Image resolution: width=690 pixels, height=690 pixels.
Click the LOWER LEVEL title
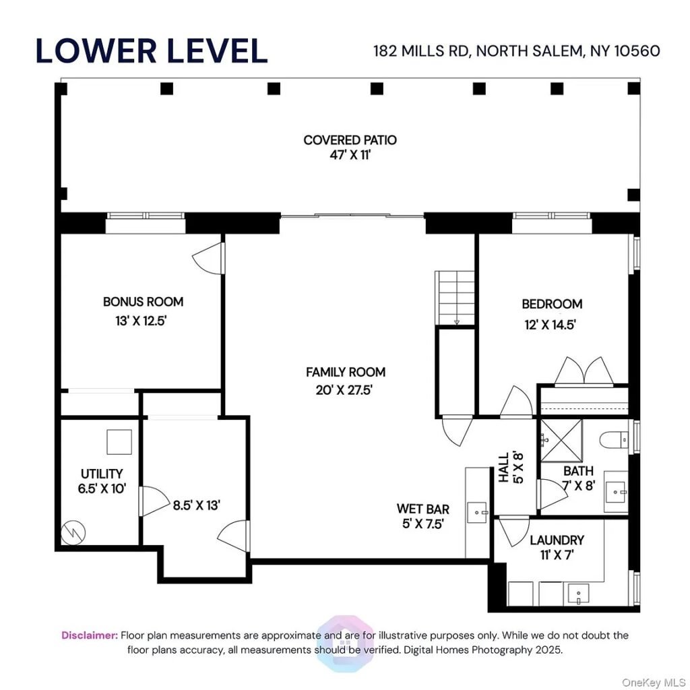pos(152,51)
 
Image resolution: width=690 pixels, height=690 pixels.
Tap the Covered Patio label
pos(350,140)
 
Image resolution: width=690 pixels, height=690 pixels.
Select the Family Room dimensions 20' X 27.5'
pos(344,390)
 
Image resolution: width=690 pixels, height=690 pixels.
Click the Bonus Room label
pos(143,301)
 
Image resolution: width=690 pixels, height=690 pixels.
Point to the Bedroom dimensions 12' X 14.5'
pos(551,325)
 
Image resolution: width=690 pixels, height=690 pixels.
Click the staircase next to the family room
pos(455,298)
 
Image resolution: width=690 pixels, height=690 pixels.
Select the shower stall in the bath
pos(561,440)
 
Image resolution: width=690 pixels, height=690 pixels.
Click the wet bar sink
pos(478,513)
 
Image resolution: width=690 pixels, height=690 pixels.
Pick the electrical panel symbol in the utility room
pos(73,532)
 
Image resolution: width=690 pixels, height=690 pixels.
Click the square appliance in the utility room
pos(119,442)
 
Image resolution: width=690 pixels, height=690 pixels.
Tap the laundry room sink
pos(578,594)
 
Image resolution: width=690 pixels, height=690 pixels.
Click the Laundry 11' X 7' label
pos(557,547)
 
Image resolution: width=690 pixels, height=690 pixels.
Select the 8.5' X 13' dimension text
pos(196,505)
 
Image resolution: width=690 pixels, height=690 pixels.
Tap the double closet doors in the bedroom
pos(584,371)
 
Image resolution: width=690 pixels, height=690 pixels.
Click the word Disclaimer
pos(90,635)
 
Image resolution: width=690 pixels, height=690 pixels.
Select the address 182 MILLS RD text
pos(420,51)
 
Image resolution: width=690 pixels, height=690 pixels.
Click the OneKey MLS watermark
pos(654,683)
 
